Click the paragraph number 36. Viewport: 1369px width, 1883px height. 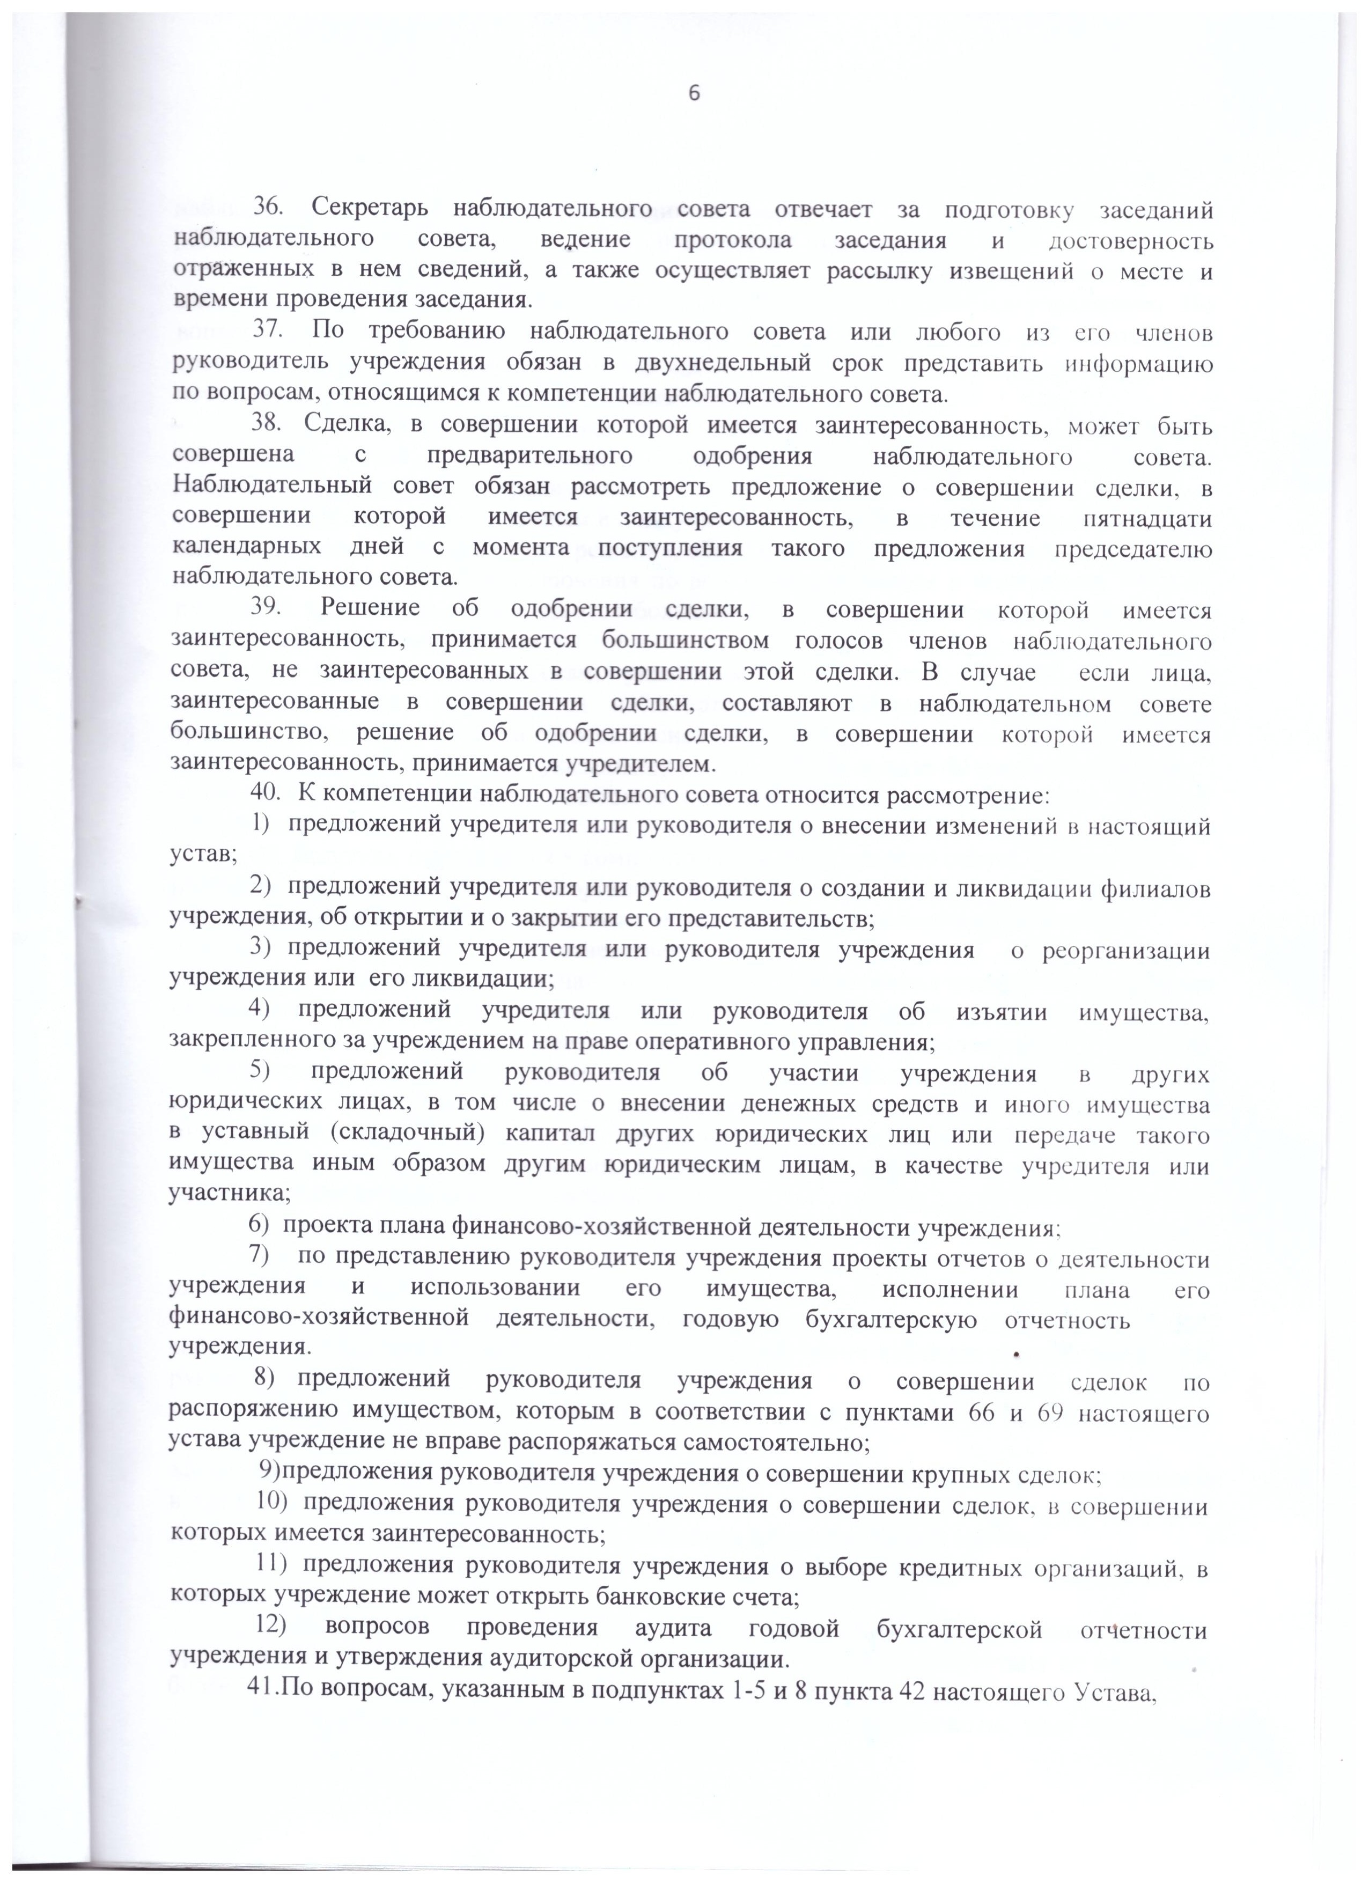pyautogui.click(x=268, y=211)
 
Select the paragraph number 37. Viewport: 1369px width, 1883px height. pyautogui.click(x=268, y=333)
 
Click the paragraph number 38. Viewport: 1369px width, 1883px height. pyautogui.click(x=268, y=426)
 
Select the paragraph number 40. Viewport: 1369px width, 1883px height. pyautogui.click(x=267, y=796)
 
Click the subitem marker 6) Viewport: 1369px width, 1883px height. pyautogui.click(x=259, y=1227)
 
